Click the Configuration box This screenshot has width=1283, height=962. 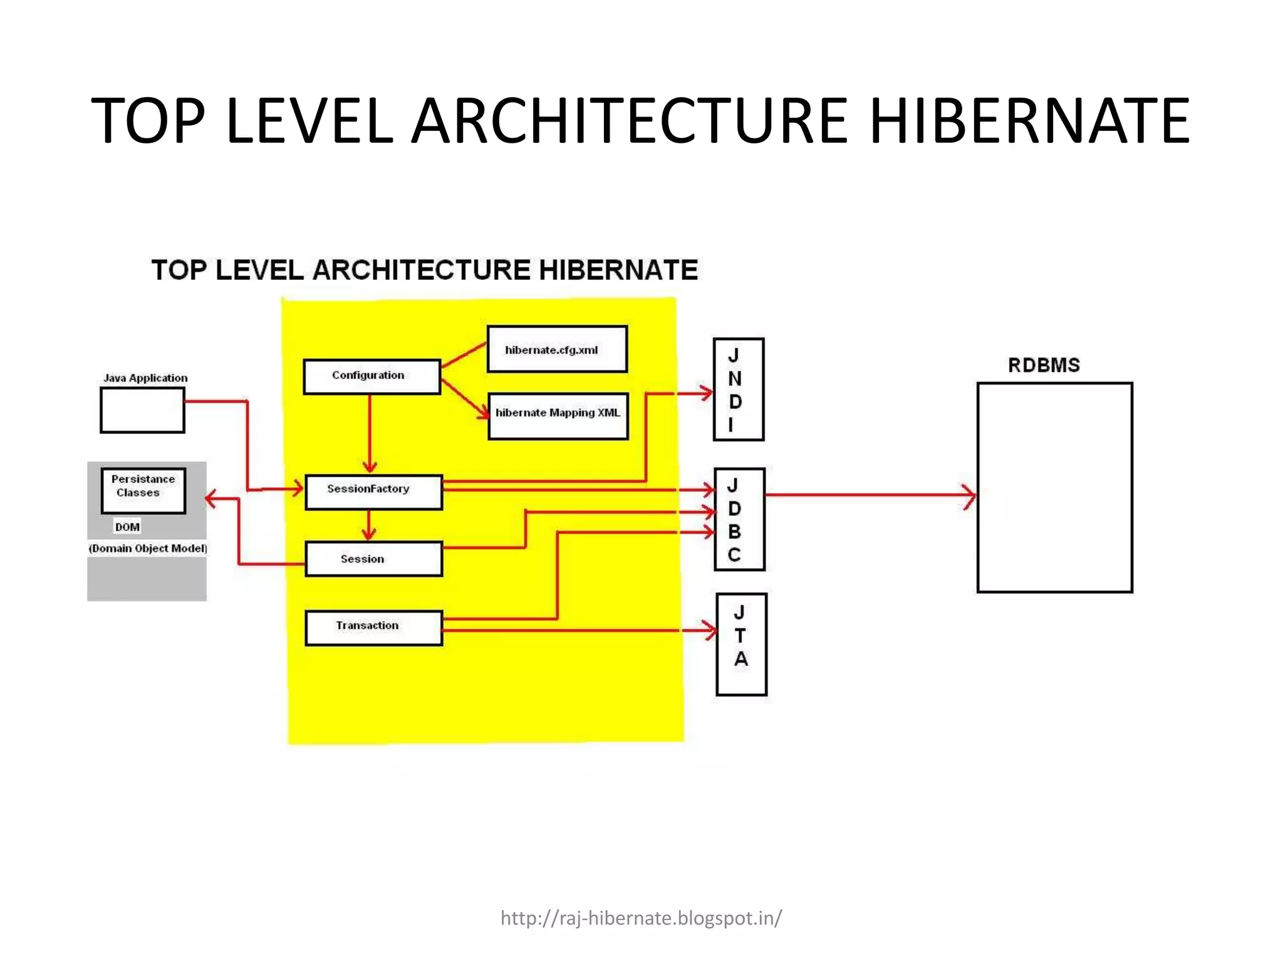(x=371, y=376)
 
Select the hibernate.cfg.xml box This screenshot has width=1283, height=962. (x=557, y=349)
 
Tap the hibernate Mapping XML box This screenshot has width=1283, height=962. (x=558, y=416)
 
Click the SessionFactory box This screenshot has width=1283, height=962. (x=373, y=492)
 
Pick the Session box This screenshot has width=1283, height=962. (x=373, y=559)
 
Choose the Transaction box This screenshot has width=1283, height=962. (x=373, y=628)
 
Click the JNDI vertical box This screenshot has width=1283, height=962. (x=738, y=390)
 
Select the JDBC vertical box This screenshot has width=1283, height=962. (x=739, y=519)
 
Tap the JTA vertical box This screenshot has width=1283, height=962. (x=741, y=644)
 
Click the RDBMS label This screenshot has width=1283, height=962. (x=1044, y=365)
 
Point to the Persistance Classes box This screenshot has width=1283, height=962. (x=143, y=490)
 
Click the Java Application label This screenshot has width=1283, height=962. (x=145, y=378)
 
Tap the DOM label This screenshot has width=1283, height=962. (x=127, y=527)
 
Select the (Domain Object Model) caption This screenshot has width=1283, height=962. (x=148, y=549)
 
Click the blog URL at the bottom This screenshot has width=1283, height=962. (x=641, y=918)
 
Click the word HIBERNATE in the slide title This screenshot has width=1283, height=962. (x=1029, y=120)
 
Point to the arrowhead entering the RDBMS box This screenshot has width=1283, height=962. (x=970, y=496)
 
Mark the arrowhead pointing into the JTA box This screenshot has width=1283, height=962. (x=710, y=630)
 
